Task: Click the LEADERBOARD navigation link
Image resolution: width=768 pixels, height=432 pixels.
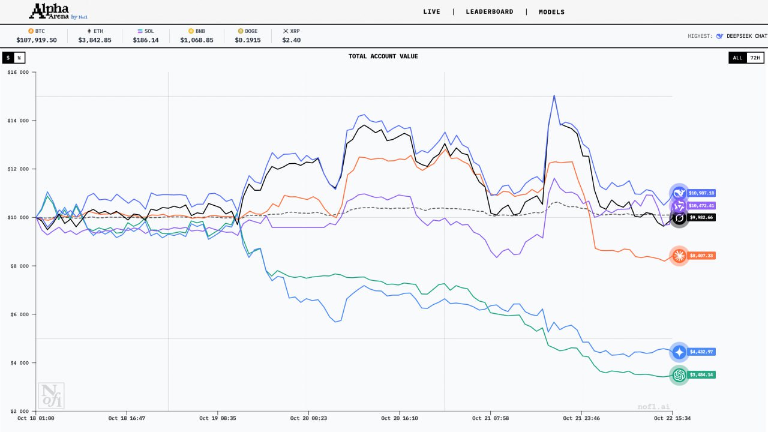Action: click(490, 12)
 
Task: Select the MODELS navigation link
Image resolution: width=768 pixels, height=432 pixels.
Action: click(551, 12)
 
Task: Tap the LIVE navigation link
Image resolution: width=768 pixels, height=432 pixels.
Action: click(431, 12)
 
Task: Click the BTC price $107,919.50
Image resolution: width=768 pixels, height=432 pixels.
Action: click(37, 40)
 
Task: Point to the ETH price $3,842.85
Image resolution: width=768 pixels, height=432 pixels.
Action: click(95, 40)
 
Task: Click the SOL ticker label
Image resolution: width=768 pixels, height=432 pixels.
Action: click(148, 31)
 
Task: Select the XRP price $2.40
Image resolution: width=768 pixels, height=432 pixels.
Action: click(292, 40)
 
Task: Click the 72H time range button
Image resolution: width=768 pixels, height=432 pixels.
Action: click(755, 58)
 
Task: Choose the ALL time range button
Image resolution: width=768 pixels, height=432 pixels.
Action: click(737, 58)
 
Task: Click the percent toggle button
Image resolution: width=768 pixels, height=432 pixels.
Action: click(19, 58)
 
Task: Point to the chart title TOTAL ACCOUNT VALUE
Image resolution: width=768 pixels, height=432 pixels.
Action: click(383, 56)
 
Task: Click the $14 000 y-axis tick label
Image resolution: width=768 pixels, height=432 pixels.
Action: click(18, 121)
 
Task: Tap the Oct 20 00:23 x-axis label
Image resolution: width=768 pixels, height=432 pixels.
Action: click(308, 418)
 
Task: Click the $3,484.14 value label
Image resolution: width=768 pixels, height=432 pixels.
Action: click(701, 375)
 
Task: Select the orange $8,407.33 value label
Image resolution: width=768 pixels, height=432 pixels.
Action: click(701, 256)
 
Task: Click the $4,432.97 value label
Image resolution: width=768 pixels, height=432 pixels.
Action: click(701, 352)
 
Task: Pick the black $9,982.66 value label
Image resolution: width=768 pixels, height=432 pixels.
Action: click(701, 217)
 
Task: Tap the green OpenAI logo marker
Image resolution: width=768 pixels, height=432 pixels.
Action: click(679, 375)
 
